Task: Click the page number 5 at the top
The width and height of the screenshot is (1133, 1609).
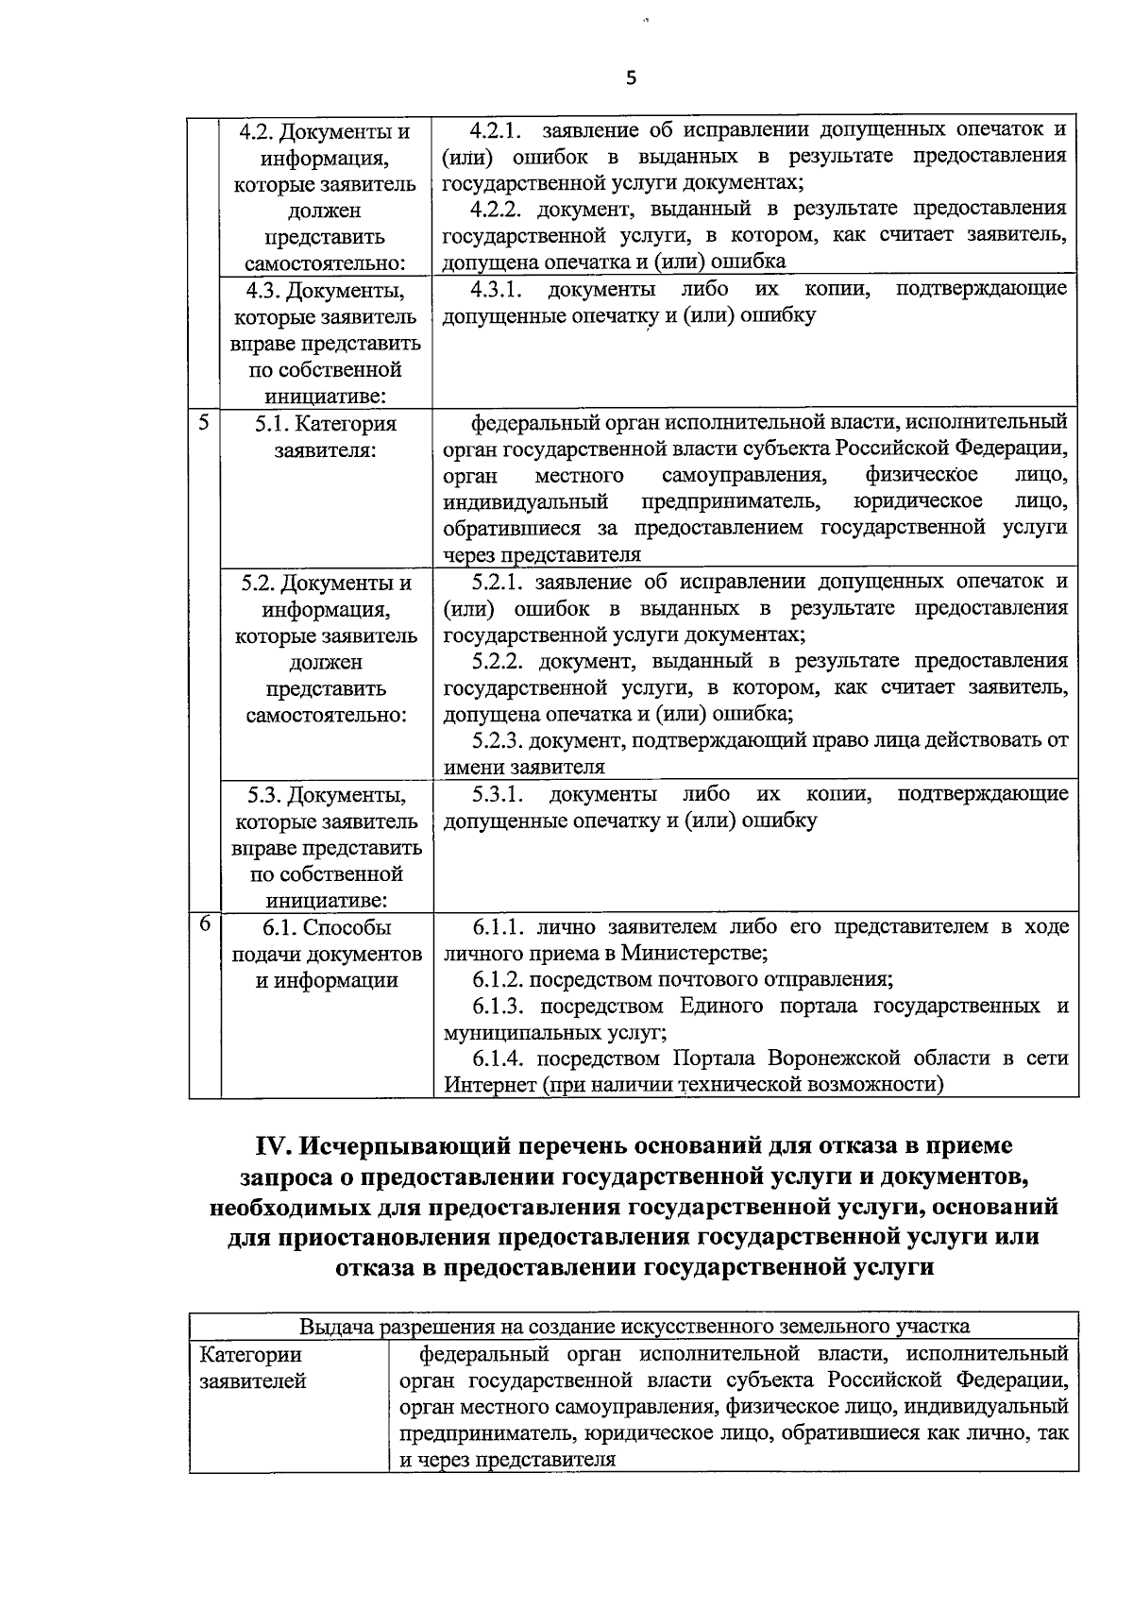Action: point(631,79)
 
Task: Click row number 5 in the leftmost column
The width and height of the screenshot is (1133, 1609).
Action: point(203,422)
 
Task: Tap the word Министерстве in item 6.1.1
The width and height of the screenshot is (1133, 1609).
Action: point(698,953)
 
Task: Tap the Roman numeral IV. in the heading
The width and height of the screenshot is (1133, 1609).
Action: point(277,1145)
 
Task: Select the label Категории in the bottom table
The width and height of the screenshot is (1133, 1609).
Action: point(250,1355)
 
